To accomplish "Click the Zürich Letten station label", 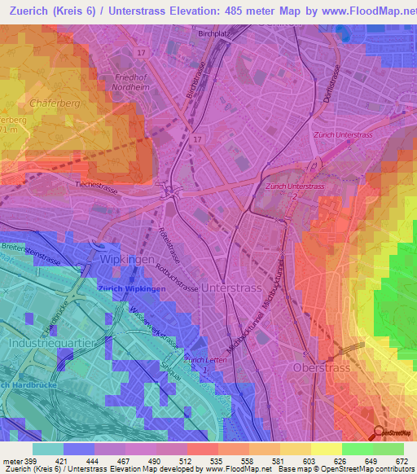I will (x=204, y=359).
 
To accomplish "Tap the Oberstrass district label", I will (x=327, y=367).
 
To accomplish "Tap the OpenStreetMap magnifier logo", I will (x=380, y=433).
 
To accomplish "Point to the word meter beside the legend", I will (x=11, y=462).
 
